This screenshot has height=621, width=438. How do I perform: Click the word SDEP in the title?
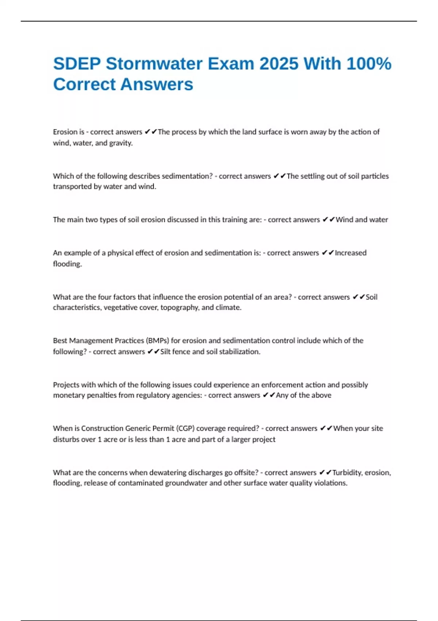click(77, 64)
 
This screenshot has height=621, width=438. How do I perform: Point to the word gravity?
click(121, 143)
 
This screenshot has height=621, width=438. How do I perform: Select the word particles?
click(375, 176)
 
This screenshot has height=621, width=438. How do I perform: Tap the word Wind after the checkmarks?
click(344, 220)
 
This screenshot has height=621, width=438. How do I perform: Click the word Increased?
click(350, 253)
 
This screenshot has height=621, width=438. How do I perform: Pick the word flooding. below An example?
click(68, 264)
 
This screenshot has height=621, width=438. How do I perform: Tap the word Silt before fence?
click(165, 352)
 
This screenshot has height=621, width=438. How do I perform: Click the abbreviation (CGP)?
click(185, 428)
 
